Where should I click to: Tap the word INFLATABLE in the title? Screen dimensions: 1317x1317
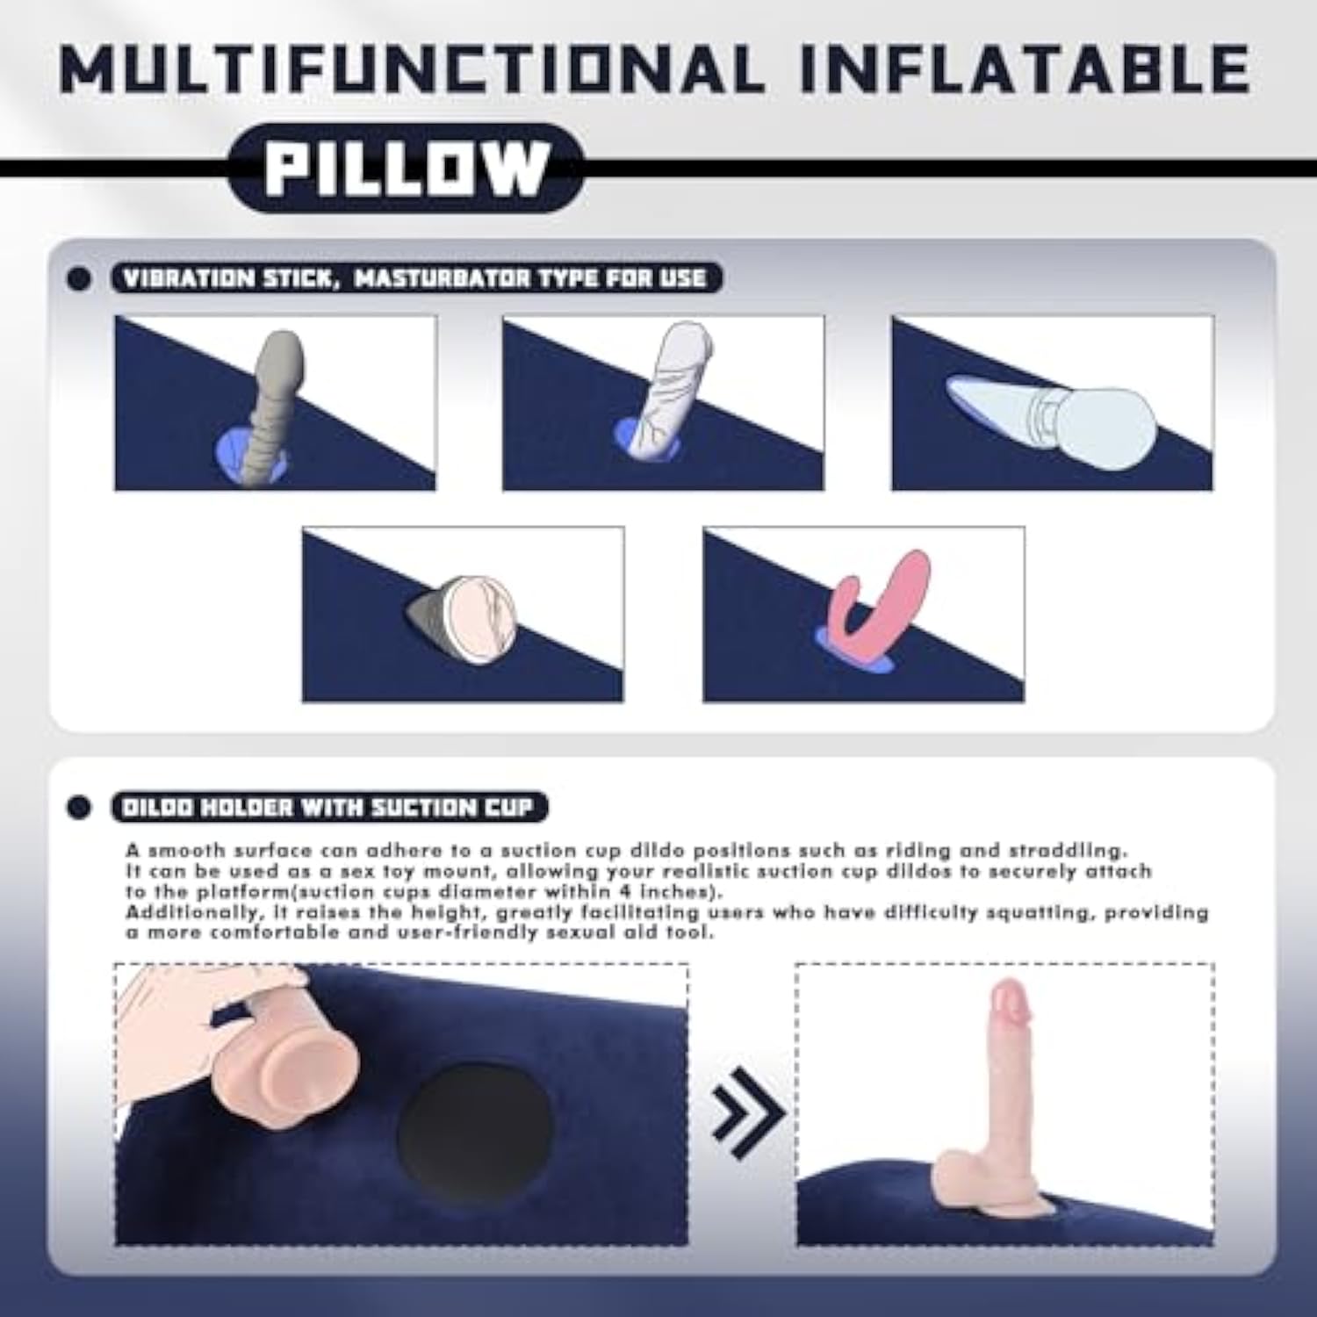[1026, 68]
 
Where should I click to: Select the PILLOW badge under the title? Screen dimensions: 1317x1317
[407, 168]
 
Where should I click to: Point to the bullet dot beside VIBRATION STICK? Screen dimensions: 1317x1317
[79, 279]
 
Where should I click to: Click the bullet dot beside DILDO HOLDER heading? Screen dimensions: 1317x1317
[79, 808]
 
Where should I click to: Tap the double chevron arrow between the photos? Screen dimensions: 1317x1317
[746, 1112]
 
